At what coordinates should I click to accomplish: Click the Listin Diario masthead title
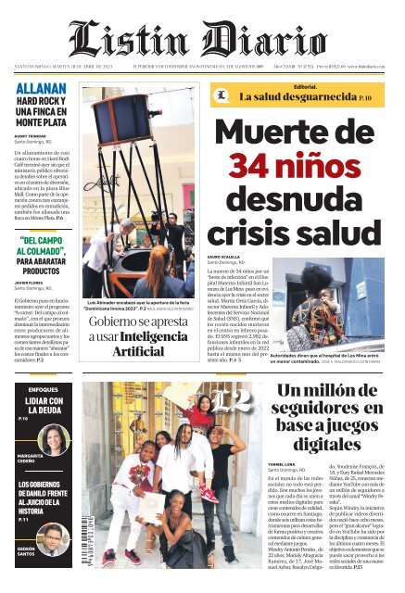pos(202,39)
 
